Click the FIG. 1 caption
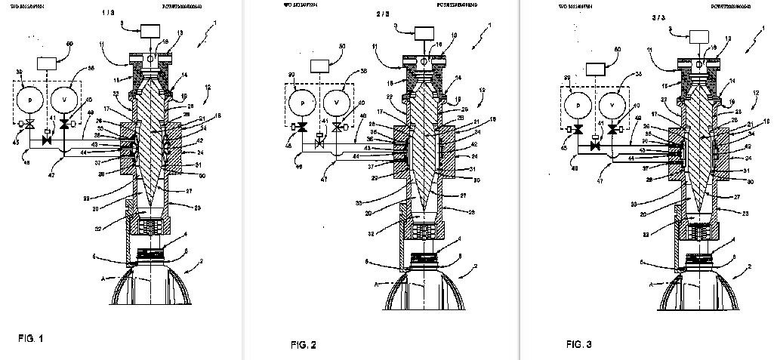point(31,338)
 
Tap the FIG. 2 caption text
point(304,345)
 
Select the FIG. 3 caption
point(580,344)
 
